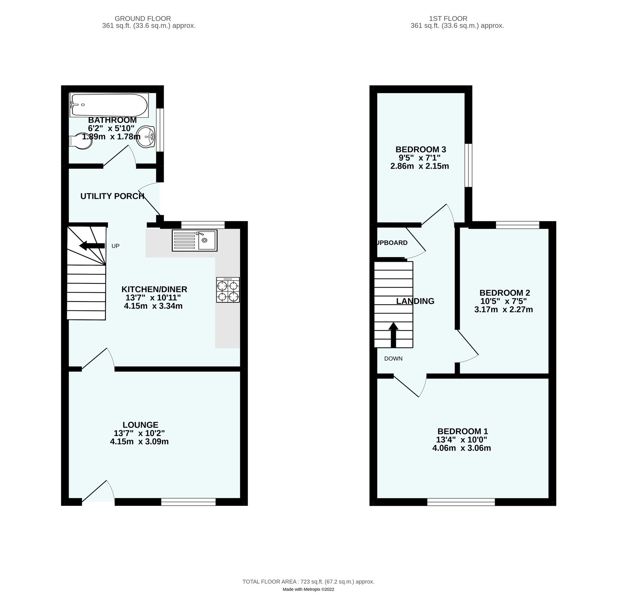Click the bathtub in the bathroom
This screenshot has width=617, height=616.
(109, 105)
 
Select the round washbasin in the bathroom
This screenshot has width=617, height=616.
(146, 137)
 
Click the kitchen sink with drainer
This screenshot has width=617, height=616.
(195, 240)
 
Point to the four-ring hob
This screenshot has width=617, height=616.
(228, 290)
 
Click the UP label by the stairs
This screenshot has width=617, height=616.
(115, 246)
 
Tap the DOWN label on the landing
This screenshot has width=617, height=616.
(393, 359)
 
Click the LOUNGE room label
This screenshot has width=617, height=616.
(140, 425)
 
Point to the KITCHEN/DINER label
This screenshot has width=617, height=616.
(154, 289)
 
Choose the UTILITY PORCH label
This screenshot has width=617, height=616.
(112, 196)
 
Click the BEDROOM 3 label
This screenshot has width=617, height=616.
(421, 150)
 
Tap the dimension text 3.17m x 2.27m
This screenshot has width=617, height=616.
(504, 310)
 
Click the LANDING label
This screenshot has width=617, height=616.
(415, 301)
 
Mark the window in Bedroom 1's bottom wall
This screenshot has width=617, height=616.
(461, 502)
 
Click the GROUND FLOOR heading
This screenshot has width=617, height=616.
(143, 18)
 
